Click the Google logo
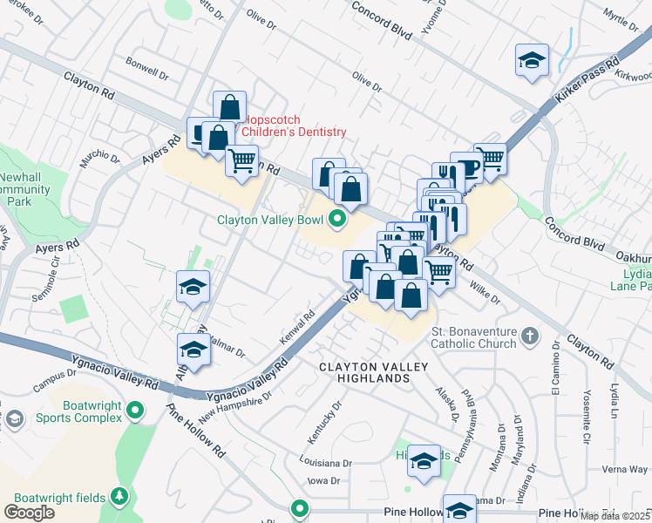point(29,512)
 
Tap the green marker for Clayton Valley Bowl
point(336,220)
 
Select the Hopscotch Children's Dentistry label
point(294,126)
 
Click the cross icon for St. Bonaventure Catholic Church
point(527,336)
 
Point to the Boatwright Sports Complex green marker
point(134,410)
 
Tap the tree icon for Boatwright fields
point(119,497)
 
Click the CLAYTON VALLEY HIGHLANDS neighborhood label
point(376,372)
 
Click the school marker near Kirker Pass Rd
point(531,60)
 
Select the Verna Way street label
point(624,469)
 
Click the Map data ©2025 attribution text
point(615,516)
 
